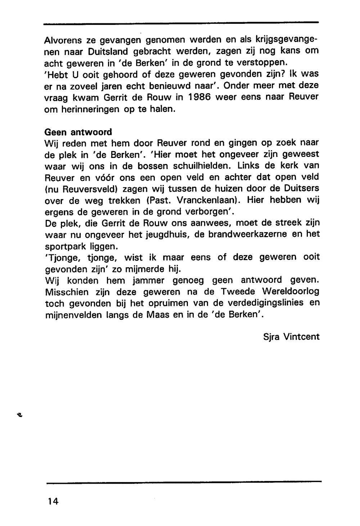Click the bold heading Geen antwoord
78,132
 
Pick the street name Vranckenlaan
207,200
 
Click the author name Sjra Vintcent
291,337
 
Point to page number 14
52,501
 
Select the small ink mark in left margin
19,415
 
